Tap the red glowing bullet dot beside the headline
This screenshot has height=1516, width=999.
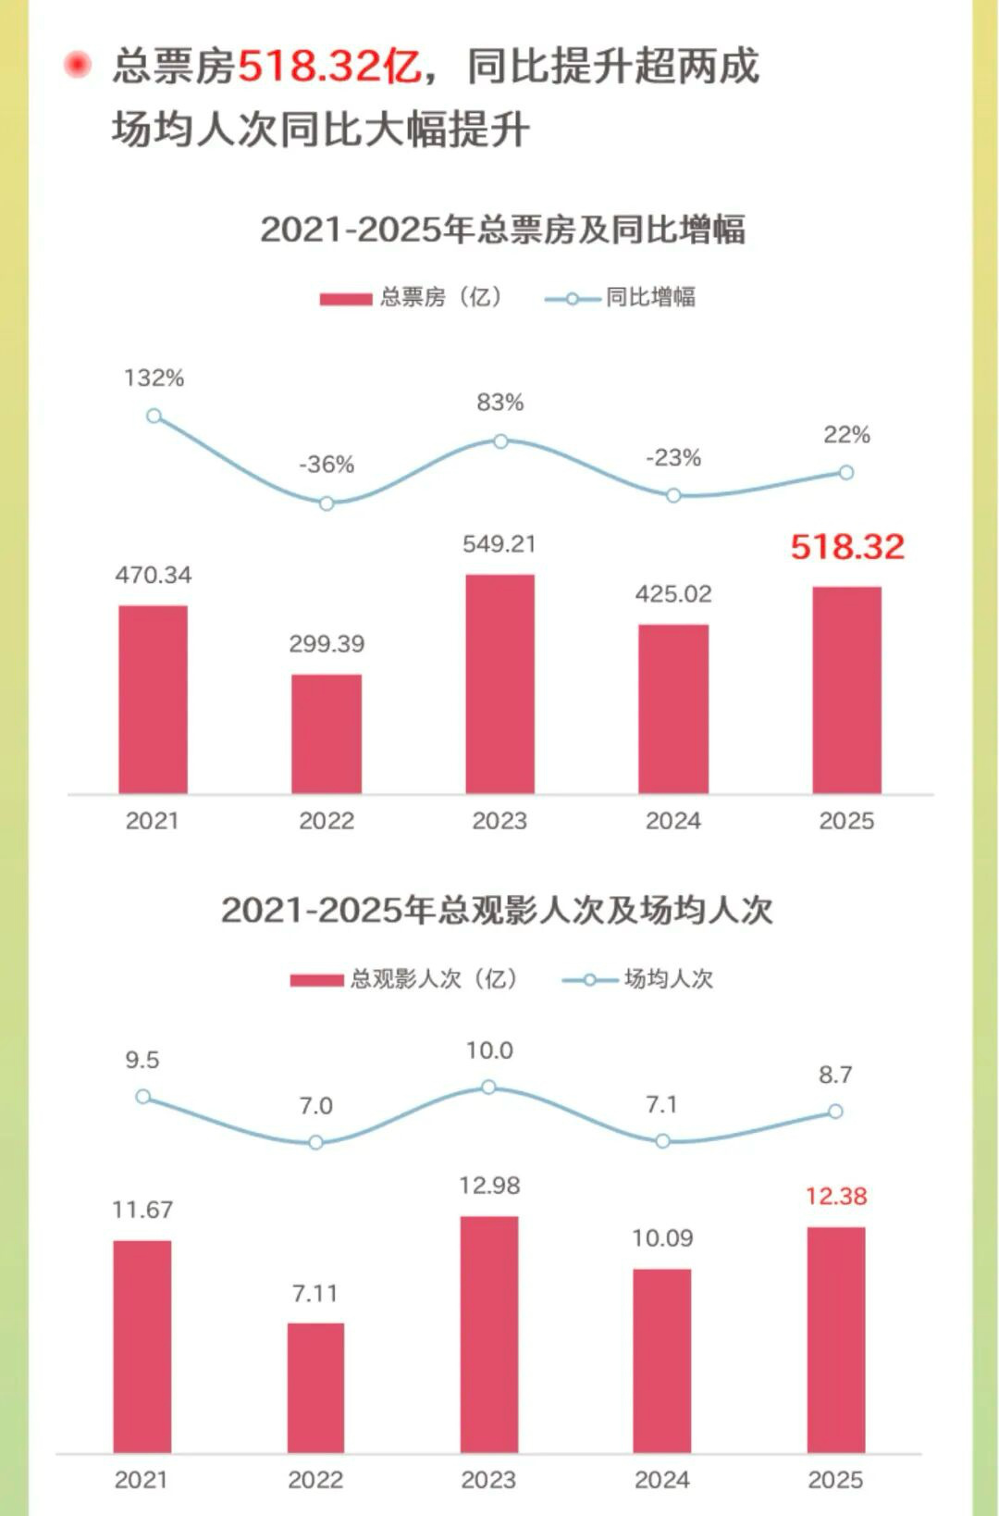point(78,65)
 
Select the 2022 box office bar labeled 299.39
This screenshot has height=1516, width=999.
point(327,733)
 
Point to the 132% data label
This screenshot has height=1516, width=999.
point(154,378)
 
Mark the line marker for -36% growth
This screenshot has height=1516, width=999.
point(327,503)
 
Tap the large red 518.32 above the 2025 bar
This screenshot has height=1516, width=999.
point(846,546)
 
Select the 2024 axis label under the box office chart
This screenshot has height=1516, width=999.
point(672,821)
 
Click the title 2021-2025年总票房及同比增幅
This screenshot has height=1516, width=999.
point(502,229)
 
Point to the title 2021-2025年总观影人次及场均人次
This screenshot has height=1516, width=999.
point(497,910)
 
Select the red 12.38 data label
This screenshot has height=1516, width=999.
point(835,1196)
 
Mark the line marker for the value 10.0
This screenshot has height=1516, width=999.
point(488,1087)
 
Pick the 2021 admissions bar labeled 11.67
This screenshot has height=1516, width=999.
point(142,1346)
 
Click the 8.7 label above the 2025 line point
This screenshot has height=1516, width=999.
point(834,1075)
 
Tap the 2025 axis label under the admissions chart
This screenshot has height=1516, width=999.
point(834,1480)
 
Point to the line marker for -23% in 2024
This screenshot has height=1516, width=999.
point(673,495)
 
